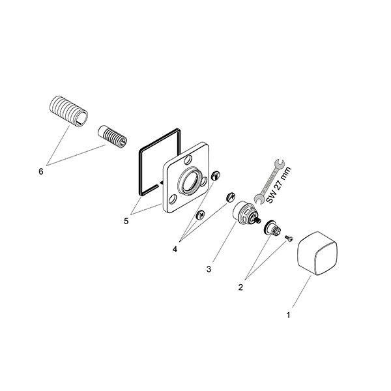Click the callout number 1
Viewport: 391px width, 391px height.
288,315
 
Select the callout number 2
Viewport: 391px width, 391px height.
240,287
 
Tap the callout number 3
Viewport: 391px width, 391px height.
209,269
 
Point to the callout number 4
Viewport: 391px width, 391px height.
175,249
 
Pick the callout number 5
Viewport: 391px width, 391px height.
126,221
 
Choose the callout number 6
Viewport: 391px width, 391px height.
41,171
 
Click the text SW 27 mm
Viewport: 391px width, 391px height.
279,185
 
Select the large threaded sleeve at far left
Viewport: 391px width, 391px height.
68,111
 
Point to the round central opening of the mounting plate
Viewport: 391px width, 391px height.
190,180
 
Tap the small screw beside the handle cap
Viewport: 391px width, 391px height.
289,239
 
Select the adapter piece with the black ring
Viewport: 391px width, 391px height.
273,227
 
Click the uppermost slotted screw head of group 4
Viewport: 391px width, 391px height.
216,175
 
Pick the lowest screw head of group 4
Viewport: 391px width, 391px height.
201,215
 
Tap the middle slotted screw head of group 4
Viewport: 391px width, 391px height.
231,197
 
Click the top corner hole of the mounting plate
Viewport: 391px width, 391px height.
189,160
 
